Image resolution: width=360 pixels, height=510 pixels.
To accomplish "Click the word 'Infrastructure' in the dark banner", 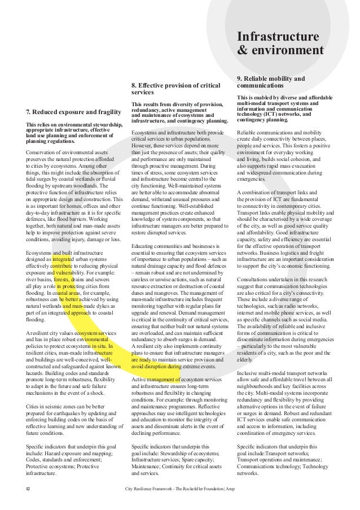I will pyautogui.click(x=278, y=37).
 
